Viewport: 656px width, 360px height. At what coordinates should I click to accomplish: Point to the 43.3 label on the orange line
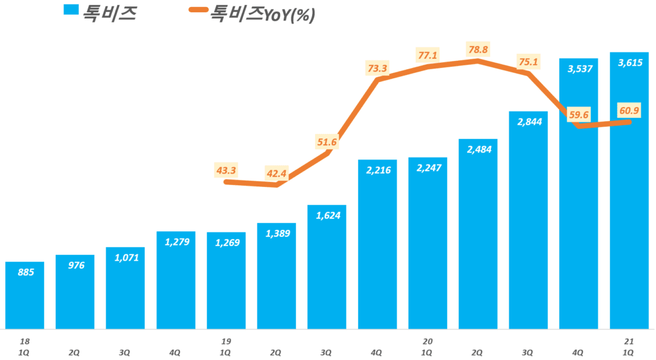coord(226,170)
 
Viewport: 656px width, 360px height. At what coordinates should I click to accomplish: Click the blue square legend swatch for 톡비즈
coord(70,11)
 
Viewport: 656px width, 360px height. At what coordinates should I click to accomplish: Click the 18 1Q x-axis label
coord(24,347)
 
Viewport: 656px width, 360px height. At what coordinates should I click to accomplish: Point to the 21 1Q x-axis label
coord(629,347)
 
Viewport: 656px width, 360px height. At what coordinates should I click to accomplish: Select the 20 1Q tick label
coord(427,347)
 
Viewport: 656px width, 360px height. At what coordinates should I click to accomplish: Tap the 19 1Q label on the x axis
coord(225,347)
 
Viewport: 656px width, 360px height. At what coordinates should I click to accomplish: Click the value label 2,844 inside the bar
coord(529,122)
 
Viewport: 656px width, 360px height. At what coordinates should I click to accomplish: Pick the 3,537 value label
coord(579,69)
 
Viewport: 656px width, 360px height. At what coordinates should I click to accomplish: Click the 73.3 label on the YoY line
coord(377,67)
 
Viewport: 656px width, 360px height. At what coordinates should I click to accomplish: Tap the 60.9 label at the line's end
coord(629,111)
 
